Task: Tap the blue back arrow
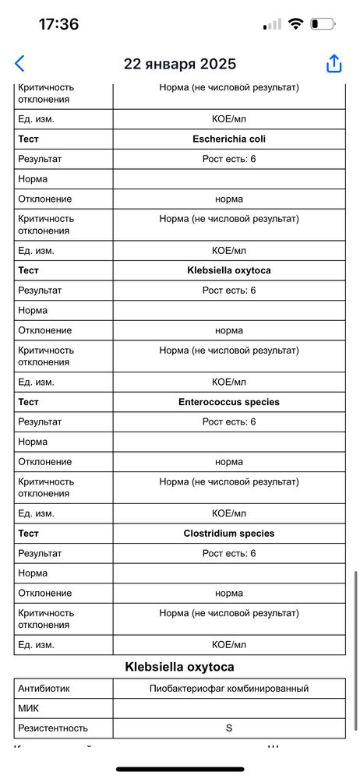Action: [19, 64]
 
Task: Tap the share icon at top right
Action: [334, 64]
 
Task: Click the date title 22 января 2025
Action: [180, 64]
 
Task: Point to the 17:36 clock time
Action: [58, 24]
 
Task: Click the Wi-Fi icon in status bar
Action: [295, 24]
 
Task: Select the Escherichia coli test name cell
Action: [229, 139]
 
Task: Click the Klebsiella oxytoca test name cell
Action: [229, 271]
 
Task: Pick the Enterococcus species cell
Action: [229, 402]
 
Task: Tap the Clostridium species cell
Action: [229, 534]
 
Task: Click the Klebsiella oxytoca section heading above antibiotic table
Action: [180, 667]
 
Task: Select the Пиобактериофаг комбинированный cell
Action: [229, 689]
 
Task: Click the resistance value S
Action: [229, 728]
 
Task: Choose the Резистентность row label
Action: [53, 728]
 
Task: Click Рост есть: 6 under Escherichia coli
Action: [229, 159]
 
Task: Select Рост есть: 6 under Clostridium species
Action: [229, 553]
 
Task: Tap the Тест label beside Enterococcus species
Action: [30, 402]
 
